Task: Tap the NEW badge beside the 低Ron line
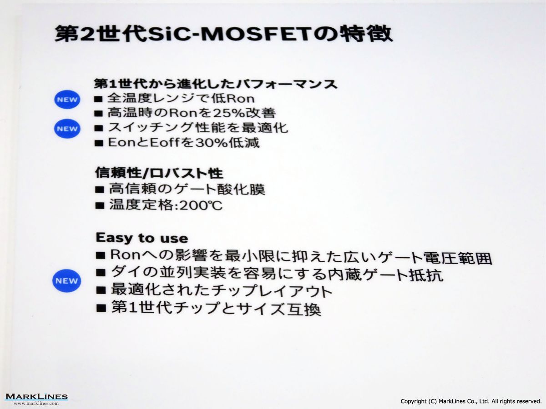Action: pyautogui.click(x=67, y=100)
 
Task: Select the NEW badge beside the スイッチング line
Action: pyautogui.click(x=67, y=129)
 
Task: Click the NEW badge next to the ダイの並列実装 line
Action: pyautogui.click(x=67, y=280)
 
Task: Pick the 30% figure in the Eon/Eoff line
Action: pyautogui.click(x=211, y=143)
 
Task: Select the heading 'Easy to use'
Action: pyautogui.click(x=142, y=238)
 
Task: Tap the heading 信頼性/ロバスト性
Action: pyautogui.click(x=159, y=173)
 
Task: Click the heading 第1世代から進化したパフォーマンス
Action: pyautogui.click(x=215, y=84)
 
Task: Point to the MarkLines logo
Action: pyautogui.click(x=36, y=397)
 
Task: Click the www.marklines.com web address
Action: pyautogui.click(x=36, y=403)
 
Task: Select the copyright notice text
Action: pyautogui.click(x=471, y=401)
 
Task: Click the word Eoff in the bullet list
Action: pyautogui.click(x=164, y=143)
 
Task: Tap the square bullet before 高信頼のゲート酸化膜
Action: pyautogui.click(x=100, y=190)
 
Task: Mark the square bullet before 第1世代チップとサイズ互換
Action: pyautogui.click(x=101, y=308)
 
